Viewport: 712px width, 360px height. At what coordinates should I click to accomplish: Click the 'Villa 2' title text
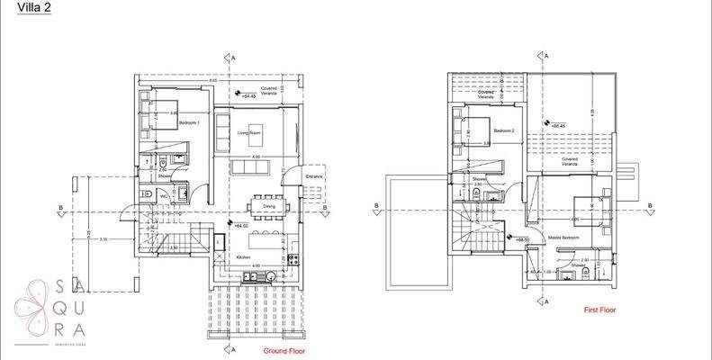(x=22, y=10)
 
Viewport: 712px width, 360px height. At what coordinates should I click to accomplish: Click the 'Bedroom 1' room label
(x=189, y=122)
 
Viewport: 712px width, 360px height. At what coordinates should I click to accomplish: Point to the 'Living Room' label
(x=249, y=133)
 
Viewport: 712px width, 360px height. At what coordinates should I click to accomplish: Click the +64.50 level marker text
(x=241, y=226)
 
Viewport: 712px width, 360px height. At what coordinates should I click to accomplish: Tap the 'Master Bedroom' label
(x=563, y=238)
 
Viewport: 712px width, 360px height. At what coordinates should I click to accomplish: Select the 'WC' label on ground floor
(x=164, y=196)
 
